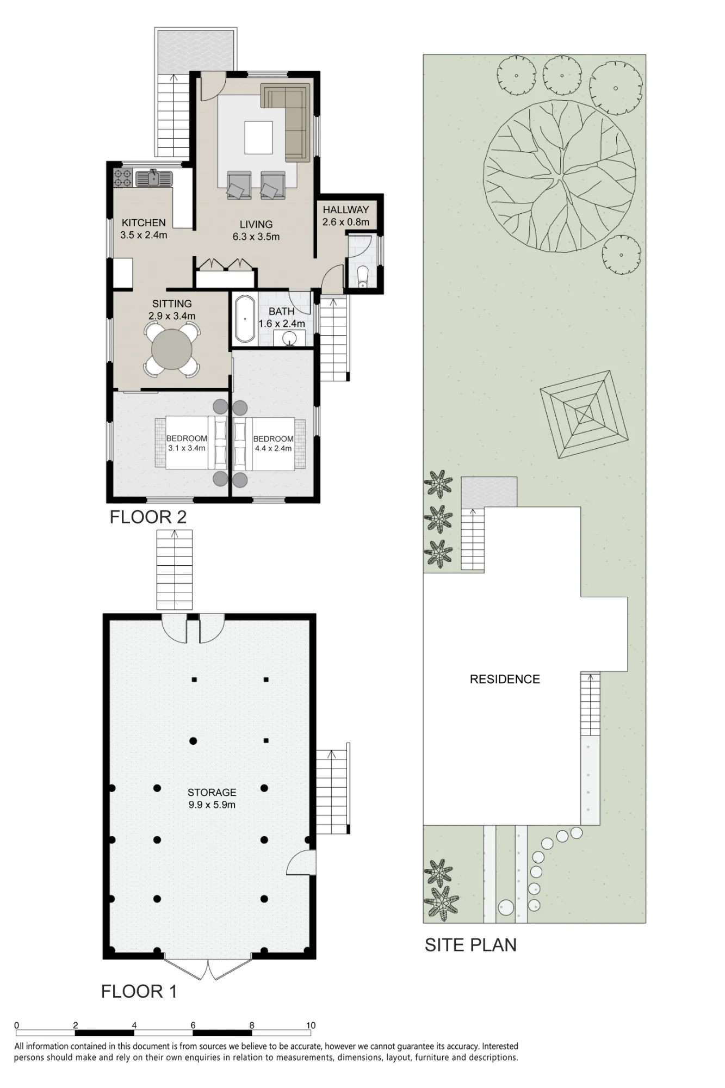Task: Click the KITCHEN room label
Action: [144, 223]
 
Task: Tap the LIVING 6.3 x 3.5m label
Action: [256, 231]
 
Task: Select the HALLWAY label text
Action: [346, 210]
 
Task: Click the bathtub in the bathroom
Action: [245, 319]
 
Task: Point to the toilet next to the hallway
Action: [363, 275]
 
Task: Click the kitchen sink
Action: [154, 178]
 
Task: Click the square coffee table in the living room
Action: [258, 138]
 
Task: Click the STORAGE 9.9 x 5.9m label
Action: [212, 799]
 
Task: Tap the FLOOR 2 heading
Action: [148, 517]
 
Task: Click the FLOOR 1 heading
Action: [139, 991]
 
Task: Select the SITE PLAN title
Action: [470, 945]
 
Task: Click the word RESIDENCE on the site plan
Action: [505, 679]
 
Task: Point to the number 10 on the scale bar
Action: [311, 1025]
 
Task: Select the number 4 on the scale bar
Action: [134, 1025]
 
